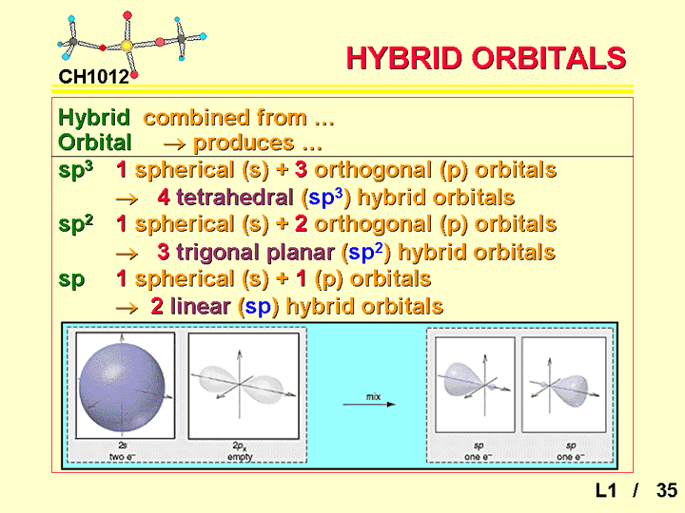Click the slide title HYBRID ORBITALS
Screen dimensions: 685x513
pyautogui.click(x=486, y=58)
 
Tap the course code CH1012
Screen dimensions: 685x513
pyautogui.click(x=93, y=77)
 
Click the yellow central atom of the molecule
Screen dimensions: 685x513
pyautogui.click(x=127, y=46)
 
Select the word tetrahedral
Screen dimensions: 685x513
pyautogui.click(x=235, y=198)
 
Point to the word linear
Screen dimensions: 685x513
pyautogui.click(x=200, y=306)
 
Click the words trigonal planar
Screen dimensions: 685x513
pyautogui.click(x=255, y=252)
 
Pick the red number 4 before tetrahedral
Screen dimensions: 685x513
pyautogui.click(x=164, y=198)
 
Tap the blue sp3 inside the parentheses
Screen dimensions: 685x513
pyautogui.click(x=325, y=198)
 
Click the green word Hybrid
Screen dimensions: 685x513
pyautogui.click(x=94, y=118)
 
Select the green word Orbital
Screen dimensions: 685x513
pyautogui.click(x=95, y=142)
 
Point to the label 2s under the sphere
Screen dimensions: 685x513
pyautogui.click(x=123, y=446)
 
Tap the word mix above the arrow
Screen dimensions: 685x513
pyautogui.click(x=373, y=396)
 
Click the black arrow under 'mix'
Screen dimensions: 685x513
pyautogui.click(x=369, y=405)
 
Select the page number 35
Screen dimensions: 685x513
pyautogui.click(x=667, y=490)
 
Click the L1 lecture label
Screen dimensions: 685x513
pyautogui.click(x=606, y=490)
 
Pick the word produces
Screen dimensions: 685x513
pyautogui.click(x=244, y=143)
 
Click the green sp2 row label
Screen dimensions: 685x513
pyautogui.click(x=75, y=224)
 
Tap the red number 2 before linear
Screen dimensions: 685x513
pyautogui.click(x=157, y=306)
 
